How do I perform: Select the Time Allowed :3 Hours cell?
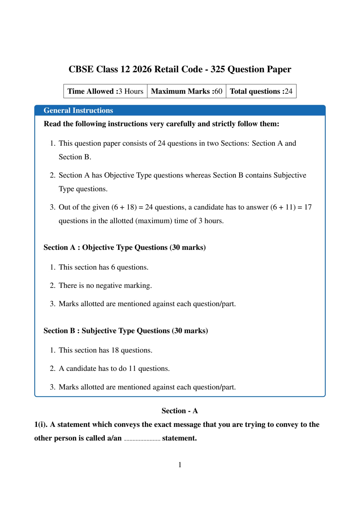click(x=105, y=91)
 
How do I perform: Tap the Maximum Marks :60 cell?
click(x=186, y=91)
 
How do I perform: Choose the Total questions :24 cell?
click(x=261, y=91)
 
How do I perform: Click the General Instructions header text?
click(x=78, y=111)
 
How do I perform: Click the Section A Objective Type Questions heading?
click(x=125, y=248)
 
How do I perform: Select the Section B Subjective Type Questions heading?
click(x=126, y=331)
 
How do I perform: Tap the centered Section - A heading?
click(x=180, y=411)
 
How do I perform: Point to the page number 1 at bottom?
click(x=180, y=465)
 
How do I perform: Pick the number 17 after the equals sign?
click(x=308, y=207)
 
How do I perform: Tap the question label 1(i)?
click(x=41, y=425)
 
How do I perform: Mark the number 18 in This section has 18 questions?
click(x=115, y=350)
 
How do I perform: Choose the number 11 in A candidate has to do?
click(x=132, y=369)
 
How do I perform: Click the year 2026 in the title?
click(x=142, y=69)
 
